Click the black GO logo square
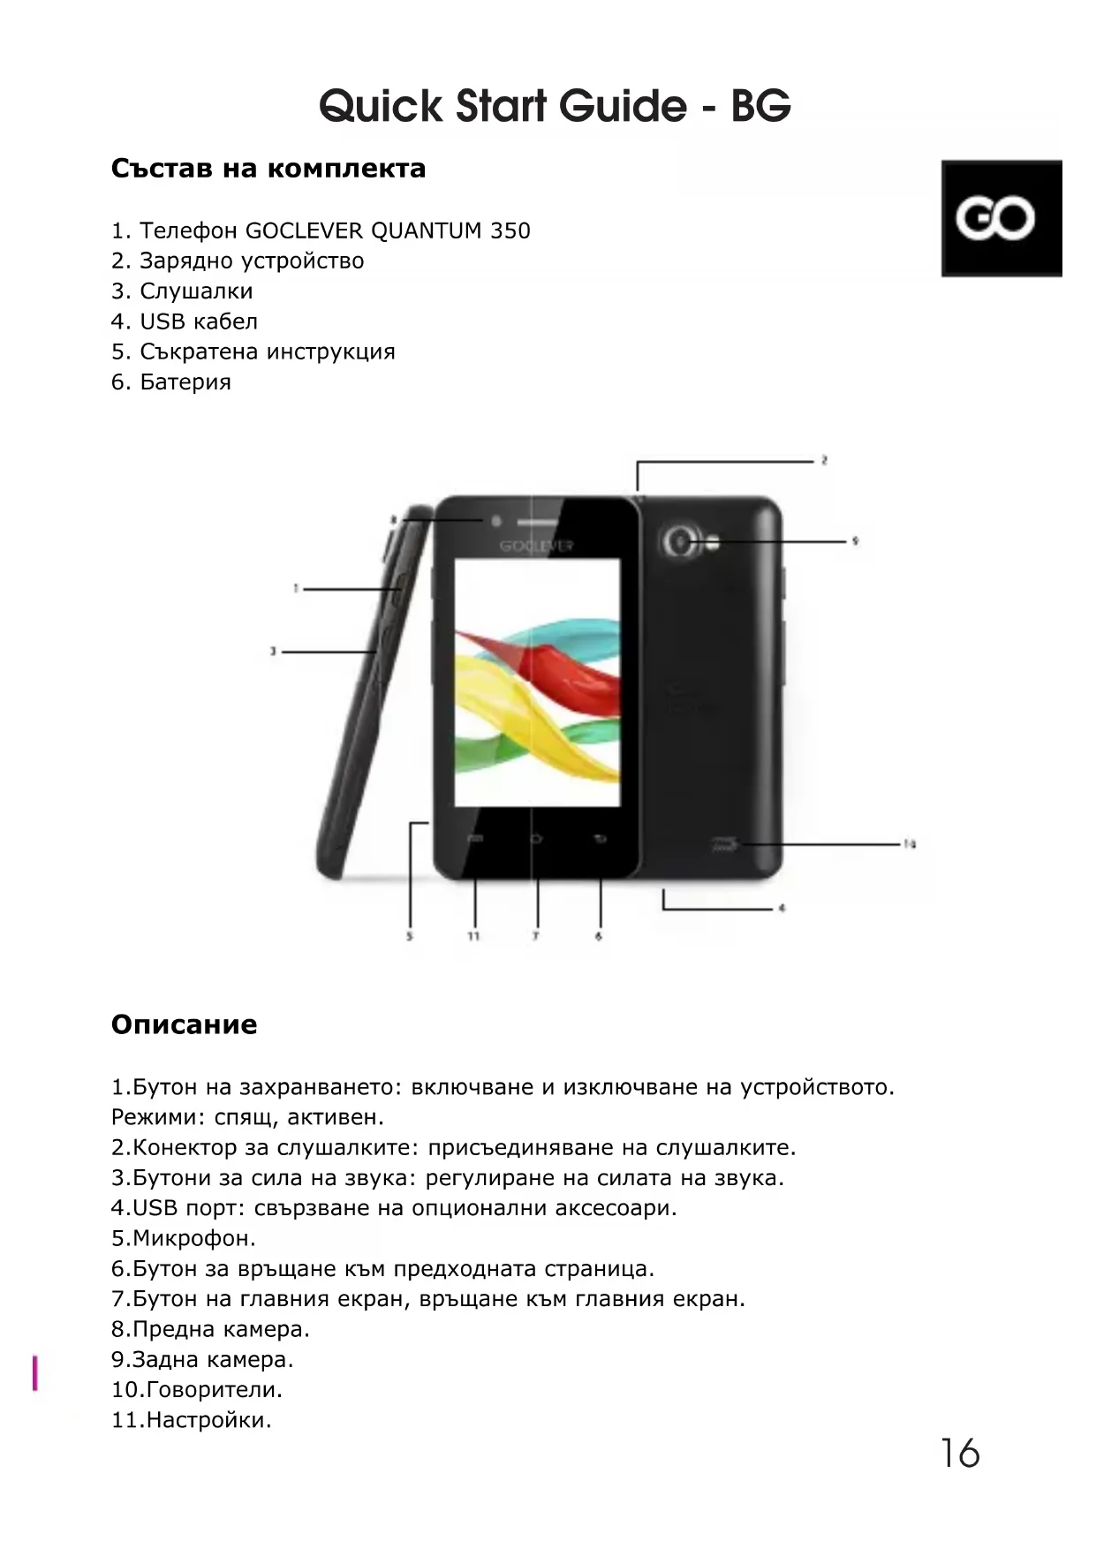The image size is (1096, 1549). click(1001, 218)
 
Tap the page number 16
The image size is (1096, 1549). click(959, 1454)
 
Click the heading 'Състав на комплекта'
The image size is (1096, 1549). click(268, 168)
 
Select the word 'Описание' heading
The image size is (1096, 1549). click(184, 1024)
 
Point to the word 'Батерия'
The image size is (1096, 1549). click(185, 382)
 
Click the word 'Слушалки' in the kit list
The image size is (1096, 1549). click(196, 291)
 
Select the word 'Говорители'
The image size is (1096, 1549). click(213, 1390)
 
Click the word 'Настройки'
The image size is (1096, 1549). click(208, 1420)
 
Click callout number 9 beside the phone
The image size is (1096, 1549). click(855, 540)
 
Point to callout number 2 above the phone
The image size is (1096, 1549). click(824, 460)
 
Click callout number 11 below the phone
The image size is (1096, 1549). click(473, 936)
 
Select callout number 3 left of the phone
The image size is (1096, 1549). click(274, 652)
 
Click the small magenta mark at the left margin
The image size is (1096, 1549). click(35, 1373)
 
